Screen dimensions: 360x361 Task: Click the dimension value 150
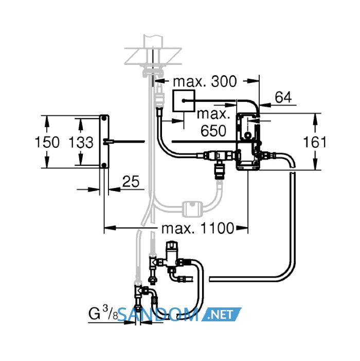click(47, 142)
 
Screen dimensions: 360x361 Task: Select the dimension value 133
click(81, 142)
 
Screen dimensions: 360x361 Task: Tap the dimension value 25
click(131, 181)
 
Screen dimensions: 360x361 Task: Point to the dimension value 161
click(315, 142)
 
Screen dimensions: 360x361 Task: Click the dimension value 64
click(283, 97)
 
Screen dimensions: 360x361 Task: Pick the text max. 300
click(205, 81)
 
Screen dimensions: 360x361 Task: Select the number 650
click(213, 131)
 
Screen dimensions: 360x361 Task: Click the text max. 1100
click(197, 228)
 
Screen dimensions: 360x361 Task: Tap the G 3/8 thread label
click(103, 313)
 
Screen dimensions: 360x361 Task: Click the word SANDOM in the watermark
click(159, 314)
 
